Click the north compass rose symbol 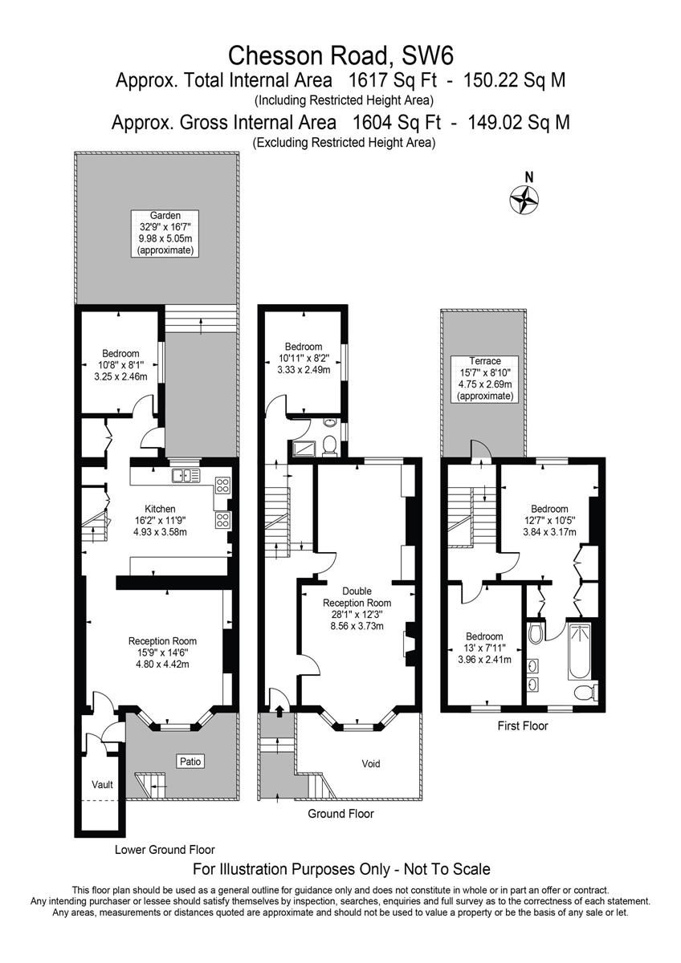(524, 200)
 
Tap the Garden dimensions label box (165, 234)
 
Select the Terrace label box (485, 379)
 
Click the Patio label (190, 762)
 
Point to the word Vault (102, 785)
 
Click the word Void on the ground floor (371, 764)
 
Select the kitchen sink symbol (186, 475)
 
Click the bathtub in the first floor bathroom (579, 652)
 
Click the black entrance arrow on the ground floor (279, 711)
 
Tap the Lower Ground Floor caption (165, 850)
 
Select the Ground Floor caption (340, 814)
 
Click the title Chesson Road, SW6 (340, 56)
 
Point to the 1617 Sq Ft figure (393, 80)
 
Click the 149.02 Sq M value (519, 123)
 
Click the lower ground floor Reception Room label (162, 652)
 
